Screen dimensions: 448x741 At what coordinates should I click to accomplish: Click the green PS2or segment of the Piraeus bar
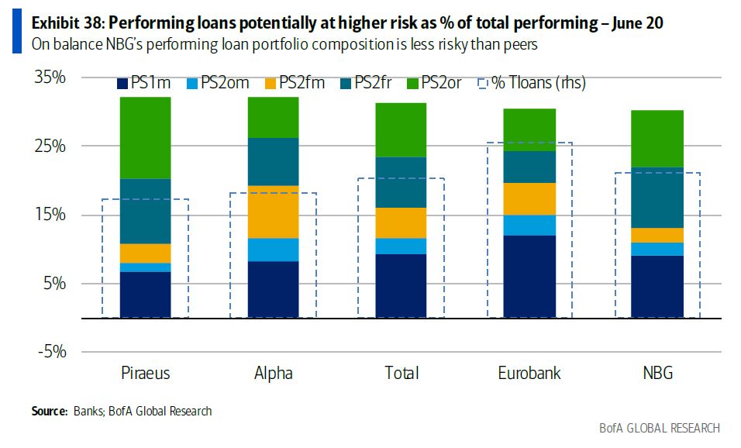point(145,138)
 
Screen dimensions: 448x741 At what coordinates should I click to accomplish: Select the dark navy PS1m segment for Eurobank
point(529,276)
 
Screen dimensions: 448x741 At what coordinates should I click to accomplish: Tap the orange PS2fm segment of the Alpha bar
point(274,212)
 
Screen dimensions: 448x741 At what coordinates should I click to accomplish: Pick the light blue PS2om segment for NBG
point(657,249)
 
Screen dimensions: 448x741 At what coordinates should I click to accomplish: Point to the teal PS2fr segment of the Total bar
point(401,182)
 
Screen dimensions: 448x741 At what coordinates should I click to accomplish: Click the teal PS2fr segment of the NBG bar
point(657,198)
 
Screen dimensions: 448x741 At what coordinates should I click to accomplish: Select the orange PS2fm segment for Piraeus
point(145,253)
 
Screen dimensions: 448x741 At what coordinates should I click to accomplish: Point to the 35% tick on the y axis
point(50,78)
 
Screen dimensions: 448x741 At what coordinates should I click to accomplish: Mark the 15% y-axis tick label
point(50,215)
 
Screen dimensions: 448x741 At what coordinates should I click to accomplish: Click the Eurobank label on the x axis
point(529,374)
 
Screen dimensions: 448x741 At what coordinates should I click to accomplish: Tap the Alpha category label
point(274,374)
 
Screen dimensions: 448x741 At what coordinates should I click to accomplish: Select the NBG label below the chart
point(657,374)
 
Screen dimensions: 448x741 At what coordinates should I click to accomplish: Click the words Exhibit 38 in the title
point(64,23)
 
